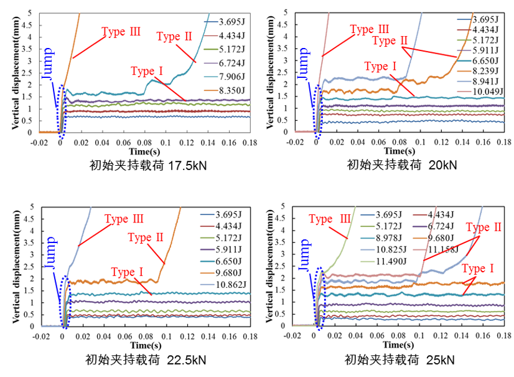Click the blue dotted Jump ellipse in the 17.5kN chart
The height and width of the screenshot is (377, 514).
click(61, 110)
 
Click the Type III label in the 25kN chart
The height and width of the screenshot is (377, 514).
click(330, 219)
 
